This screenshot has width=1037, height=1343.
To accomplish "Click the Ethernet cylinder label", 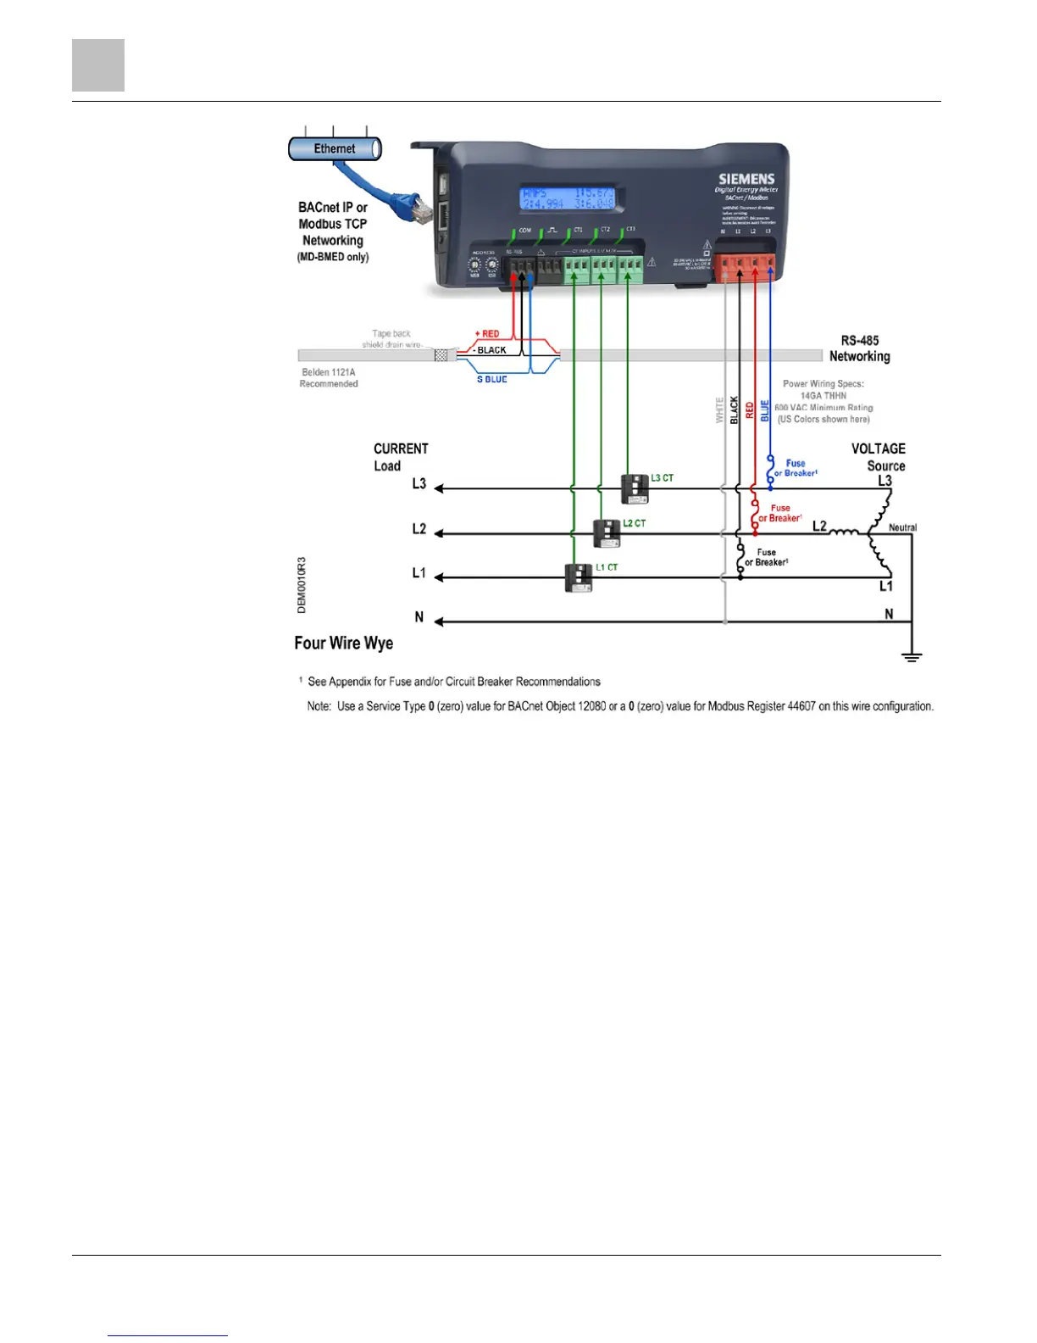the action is pos(335,149).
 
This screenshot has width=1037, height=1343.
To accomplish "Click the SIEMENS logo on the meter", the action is pos(746,179).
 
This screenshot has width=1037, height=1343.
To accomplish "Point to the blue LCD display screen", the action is pos(567,198).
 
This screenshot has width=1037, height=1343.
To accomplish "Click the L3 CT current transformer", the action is pos(635,488).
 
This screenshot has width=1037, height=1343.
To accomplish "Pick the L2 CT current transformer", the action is pos(607,533).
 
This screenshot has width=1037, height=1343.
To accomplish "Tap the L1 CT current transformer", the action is pos(579,577).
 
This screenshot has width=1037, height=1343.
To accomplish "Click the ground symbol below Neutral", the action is pos(912,656).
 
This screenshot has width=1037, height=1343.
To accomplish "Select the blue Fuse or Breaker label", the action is pos(796,468).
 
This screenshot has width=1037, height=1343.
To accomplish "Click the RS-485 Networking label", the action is pos(859,348).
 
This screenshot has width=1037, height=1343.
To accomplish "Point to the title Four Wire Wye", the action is pos(344,643).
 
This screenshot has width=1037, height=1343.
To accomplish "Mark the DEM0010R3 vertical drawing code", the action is pos(302,585).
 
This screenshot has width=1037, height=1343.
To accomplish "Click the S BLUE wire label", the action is pos(491,379).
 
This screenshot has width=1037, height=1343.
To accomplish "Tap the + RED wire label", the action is pos(487,334).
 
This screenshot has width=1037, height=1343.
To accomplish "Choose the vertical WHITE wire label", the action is pos(720,410).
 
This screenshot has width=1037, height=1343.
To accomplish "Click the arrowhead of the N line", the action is pos(440,621).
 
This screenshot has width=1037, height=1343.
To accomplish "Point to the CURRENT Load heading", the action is pos(401,457).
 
